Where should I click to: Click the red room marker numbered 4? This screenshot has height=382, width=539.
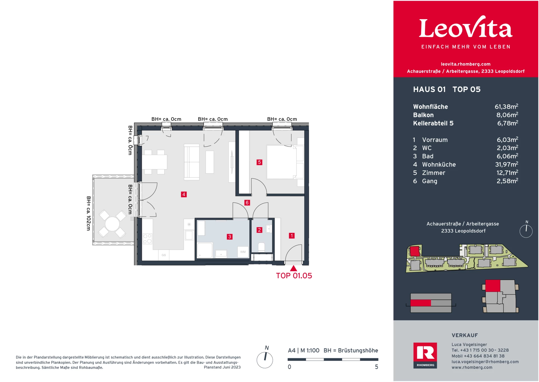(x=184, y=194)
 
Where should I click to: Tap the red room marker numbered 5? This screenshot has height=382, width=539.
(x=259, y=162)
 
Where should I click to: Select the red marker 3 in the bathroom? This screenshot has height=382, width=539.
(x=229, y=237)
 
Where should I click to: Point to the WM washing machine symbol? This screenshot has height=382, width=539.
(x=243, y=252)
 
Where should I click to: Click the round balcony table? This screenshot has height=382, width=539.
(x=112, y=224)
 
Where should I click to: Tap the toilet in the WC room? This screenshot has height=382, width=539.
(x=261, y=247)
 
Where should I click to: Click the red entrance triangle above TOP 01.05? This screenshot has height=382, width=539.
(x=293, y=268)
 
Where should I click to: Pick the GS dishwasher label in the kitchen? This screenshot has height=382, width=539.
(x=164, y=255)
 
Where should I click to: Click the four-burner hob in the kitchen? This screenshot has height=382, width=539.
(x=147, y=238)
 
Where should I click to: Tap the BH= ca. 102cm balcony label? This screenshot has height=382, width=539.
(x=88, y=213)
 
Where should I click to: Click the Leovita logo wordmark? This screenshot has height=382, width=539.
(x=465, y=28)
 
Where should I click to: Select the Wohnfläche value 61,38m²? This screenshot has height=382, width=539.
(x=506, y=107)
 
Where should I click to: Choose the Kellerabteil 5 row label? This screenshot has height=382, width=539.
(x=433, y=123)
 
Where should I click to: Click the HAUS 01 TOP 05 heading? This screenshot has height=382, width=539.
(x=446, y=89)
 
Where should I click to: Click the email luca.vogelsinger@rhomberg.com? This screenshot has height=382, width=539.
(x=485, y=362)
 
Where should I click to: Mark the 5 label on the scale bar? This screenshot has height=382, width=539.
(x=376, y=367)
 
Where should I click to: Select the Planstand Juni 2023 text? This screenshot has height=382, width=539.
(x=222, y=367)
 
